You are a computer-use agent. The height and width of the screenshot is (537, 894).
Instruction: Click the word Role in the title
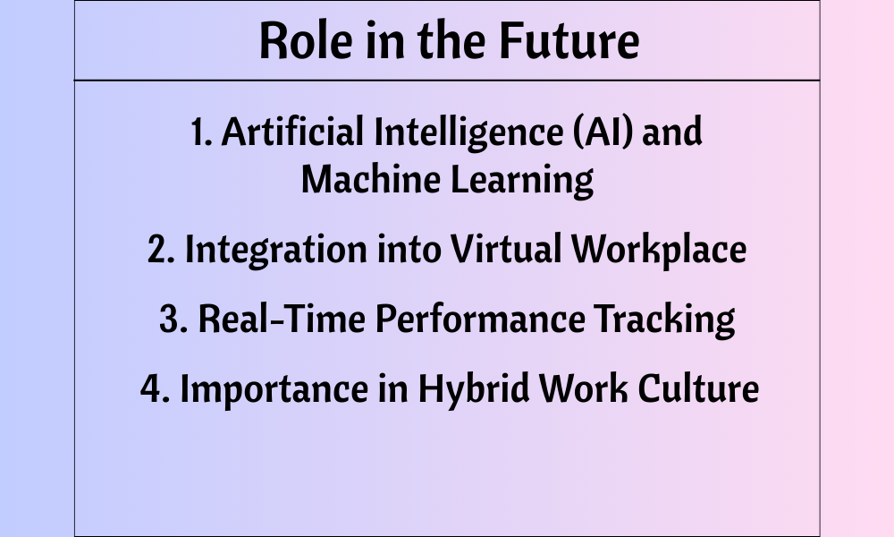306,40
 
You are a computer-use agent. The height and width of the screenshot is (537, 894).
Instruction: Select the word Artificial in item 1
292,132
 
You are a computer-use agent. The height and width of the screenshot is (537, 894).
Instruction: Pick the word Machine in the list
371,179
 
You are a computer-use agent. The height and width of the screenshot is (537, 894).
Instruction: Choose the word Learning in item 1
522,181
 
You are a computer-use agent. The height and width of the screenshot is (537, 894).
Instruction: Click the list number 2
161,250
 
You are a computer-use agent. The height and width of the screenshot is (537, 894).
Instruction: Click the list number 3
173,319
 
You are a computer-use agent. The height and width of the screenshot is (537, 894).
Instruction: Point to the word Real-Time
282,318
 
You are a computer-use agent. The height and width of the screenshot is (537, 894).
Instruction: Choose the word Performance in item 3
480,318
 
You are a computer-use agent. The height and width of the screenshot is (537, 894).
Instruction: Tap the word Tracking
665,320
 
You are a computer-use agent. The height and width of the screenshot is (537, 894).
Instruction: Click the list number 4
155,388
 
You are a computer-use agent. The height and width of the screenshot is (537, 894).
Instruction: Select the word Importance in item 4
274,390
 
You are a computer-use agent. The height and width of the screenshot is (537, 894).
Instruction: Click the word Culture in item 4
698,388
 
